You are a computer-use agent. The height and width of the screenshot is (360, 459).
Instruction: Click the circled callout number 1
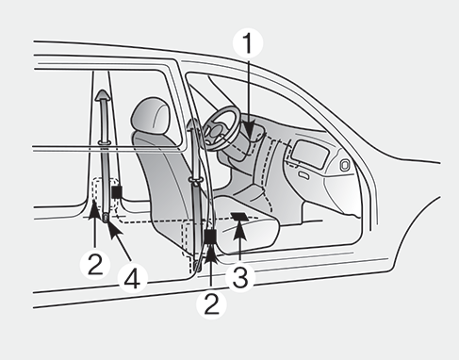248,42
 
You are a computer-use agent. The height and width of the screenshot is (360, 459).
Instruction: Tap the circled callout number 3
240,276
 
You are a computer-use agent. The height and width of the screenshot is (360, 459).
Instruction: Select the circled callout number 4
132,277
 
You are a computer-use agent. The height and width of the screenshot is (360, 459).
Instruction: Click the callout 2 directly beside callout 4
95,264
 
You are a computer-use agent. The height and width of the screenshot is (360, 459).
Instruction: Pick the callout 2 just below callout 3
211,303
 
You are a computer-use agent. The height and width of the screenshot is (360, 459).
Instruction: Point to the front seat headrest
151,115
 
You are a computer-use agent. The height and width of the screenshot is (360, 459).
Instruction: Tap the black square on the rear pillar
117,191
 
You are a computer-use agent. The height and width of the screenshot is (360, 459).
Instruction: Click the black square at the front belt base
210,237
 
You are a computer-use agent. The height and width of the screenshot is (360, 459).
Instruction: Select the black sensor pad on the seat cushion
240,217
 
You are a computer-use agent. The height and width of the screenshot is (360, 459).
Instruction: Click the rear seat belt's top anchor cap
103,95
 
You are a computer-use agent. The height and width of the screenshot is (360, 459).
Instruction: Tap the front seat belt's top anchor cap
193,124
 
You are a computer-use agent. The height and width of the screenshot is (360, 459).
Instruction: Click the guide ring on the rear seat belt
104,143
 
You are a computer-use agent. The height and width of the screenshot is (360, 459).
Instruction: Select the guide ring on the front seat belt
195,181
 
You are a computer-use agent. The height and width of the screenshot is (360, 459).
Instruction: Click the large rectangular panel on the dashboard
309,155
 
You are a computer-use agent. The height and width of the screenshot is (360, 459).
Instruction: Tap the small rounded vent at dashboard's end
345,166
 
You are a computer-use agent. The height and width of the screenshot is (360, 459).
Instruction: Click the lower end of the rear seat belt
107,217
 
